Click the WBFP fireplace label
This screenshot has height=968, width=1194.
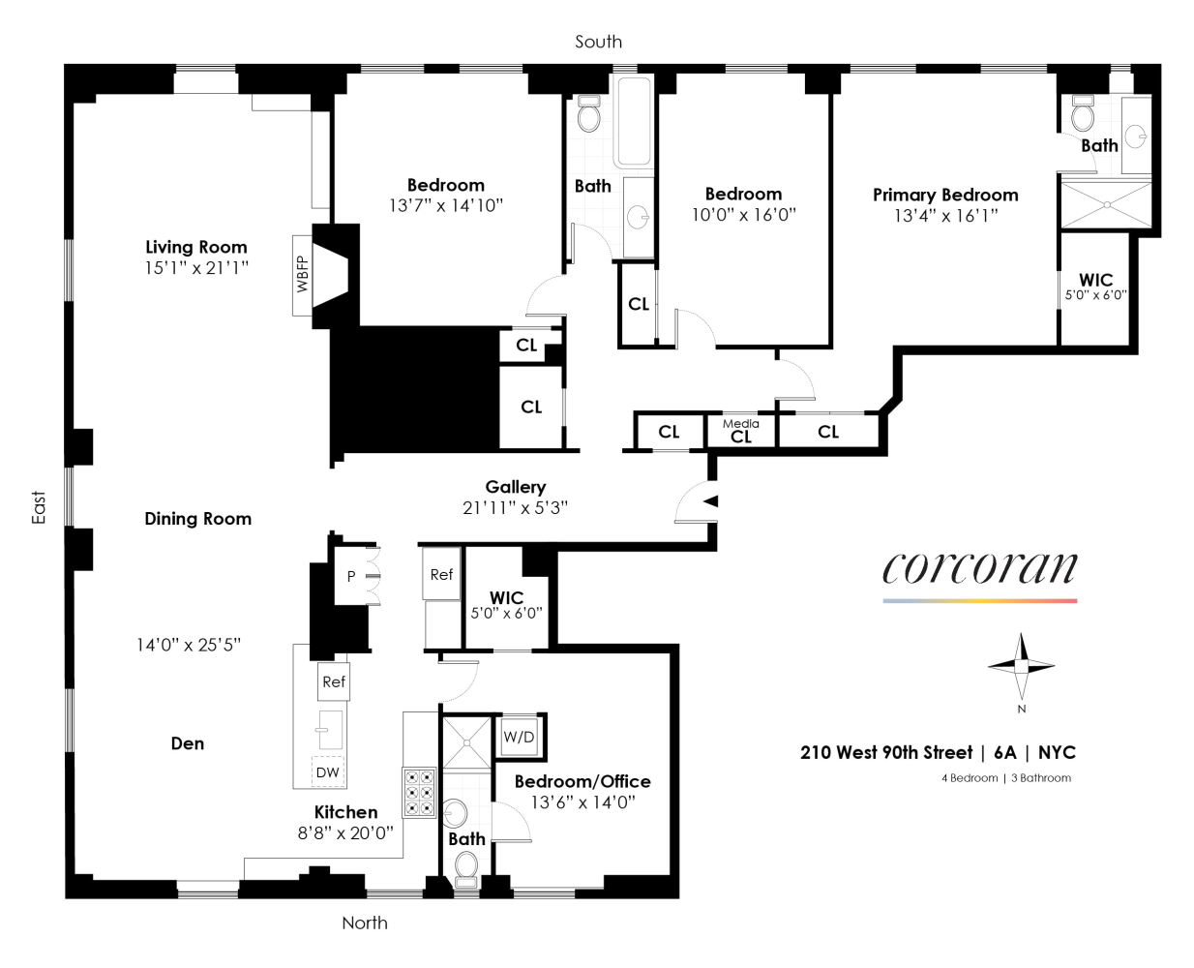(303, 275)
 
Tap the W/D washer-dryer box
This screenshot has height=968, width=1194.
(519, 737)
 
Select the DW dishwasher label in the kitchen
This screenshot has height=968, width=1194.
(328, 771)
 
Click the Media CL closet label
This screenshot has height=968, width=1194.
(740, 431)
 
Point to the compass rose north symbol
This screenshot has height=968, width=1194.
(1021, 667)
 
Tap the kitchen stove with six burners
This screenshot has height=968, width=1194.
(419, 792)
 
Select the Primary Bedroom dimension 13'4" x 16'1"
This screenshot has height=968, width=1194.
(945, 216)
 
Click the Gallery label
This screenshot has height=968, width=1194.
(516, 487)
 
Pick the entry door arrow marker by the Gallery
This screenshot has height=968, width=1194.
(710, 500)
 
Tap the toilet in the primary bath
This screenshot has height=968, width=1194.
(1083, 115)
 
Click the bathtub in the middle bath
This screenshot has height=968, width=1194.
(634, 121)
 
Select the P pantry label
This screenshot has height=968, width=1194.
(351, 576)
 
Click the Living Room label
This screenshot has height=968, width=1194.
(196, 247)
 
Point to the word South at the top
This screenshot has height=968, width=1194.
(598, 42)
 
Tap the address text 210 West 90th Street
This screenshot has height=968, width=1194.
(885, 753)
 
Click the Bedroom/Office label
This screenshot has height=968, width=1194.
(582, 781)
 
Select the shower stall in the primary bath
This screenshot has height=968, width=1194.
(1107, 205)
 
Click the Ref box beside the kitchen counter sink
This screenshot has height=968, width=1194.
(334, 681)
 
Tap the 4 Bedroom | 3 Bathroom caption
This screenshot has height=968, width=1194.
(1006, 778)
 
